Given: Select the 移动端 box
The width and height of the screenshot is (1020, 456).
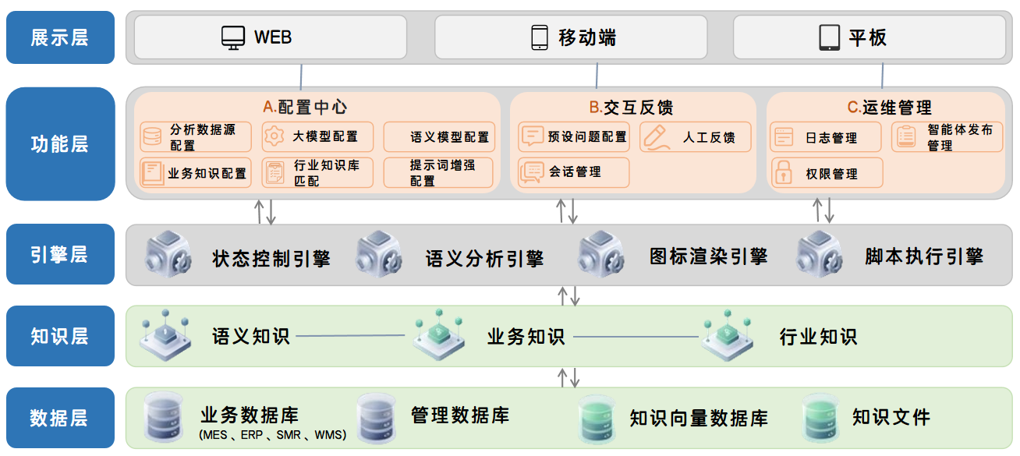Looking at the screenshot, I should [570, 37].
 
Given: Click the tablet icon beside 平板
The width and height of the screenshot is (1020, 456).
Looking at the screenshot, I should [829, 37].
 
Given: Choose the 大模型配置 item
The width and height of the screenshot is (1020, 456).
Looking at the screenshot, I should [317, 136].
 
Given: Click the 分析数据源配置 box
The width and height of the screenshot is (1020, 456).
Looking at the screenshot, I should [196, 137].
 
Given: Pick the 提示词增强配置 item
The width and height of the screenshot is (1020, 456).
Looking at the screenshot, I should [438, 173].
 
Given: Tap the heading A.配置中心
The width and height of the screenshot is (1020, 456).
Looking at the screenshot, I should [305, 107].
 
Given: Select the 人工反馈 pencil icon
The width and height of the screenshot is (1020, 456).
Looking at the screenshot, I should [657, 137].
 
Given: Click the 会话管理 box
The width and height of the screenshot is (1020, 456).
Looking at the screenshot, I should [573, 172].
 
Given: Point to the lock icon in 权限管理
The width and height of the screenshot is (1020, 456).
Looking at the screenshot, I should [782, 173].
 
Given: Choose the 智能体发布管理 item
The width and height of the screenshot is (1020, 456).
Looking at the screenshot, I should [947, 137].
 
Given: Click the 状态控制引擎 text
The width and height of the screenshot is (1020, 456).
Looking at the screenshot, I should [271, 258].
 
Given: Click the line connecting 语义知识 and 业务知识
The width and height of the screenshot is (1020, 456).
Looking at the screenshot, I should [351, 337].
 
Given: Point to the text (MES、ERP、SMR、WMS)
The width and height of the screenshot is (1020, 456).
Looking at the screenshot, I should [272, 435].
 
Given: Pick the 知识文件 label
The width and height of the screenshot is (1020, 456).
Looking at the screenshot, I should [891, 417].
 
